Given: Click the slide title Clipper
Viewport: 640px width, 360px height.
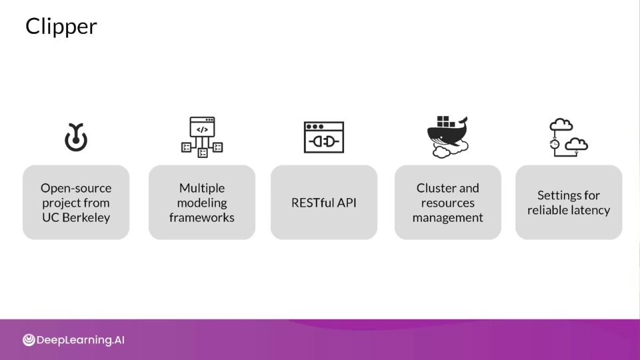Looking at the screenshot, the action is (x=61, y=27).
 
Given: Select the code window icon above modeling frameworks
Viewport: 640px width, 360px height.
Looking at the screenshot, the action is (x=202, y=137).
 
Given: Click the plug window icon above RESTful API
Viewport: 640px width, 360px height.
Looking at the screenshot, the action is (x=324, y=137).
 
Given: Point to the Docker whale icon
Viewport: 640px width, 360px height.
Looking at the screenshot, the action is (x=448, y=137).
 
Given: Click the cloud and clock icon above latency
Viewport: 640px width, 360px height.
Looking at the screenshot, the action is (x=569, y=137).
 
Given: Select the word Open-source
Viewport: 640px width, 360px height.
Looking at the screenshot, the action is (x=76, y=188).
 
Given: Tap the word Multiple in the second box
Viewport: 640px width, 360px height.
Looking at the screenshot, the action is (x=202, y=188).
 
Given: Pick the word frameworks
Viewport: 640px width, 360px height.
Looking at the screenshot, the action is (x=202, y=217).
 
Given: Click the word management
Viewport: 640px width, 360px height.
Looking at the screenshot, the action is (x=448, y=217).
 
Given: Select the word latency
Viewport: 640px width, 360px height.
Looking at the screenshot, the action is (x=591, y=210).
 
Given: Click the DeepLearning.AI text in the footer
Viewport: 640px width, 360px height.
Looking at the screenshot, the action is (x=81, y=340).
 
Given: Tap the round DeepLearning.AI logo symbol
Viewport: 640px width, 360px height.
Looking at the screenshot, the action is (x=29, y=340).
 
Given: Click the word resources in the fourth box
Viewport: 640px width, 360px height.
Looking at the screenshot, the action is (x=448, y=203).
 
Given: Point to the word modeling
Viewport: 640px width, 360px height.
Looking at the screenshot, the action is (x=202, y=203).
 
